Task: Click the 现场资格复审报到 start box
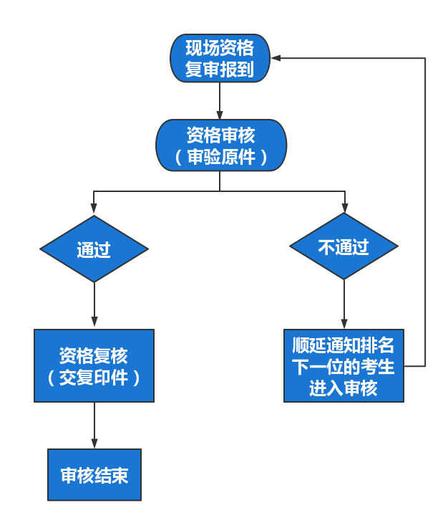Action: point(220,59)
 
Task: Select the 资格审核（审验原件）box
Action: point(220,145)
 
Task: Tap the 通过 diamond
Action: point(94,249)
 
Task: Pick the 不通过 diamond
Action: point(344,246)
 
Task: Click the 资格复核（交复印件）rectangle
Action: point(94,365)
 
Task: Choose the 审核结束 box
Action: point(94,474)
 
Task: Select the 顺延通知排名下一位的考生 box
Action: point(344,365)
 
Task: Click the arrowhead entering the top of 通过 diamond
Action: point(94,210)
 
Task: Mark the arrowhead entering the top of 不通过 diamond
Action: point(344,207)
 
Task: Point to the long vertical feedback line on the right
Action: point(425,215)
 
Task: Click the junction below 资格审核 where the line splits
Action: point(220,191)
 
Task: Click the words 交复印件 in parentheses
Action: point(94,378)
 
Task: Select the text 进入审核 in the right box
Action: point(344,388)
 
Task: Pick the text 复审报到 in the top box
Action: point(220,70)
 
